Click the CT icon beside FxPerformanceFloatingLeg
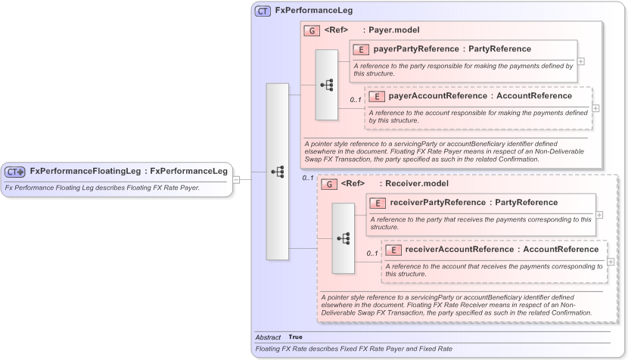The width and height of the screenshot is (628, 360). click(x=16, y=171)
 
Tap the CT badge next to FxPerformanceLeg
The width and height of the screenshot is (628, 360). click(x=263, y=11)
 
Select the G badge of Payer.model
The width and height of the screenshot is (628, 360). click(x=312, y=31)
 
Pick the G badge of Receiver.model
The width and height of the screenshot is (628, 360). click(x=329, y=184)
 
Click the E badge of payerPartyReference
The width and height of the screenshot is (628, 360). click(x=360, y=49)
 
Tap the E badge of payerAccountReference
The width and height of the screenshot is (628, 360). click(x=376, y=96)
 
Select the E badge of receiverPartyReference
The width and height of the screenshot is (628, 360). click(x=378, y=203)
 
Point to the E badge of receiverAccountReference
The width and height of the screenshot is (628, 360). click(x=393, y=250)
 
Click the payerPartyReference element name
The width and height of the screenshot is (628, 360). click(x=417, y=49)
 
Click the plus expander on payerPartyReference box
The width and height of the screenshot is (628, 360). click(x=580, y=61)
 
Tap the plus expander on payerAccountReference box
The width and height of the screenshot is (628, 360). click(x=595, y=108)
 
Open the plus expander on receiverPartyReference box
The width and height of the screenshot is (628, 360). click(x=599, y=215)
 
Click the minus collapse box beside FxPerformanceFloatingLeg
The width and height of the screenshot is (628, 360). click(x=236, y=179)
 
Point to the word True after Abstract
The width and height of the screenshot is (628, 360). click(x=295, y=337)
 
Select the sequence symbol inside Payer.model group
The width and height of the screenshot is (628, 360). click(x=327, y=85)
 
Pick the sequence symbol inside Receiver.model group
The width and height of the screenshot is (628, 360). click(x=343, y=237)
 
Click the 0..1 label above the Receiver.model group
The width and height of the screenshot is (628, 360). click(x=307, y=178)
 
